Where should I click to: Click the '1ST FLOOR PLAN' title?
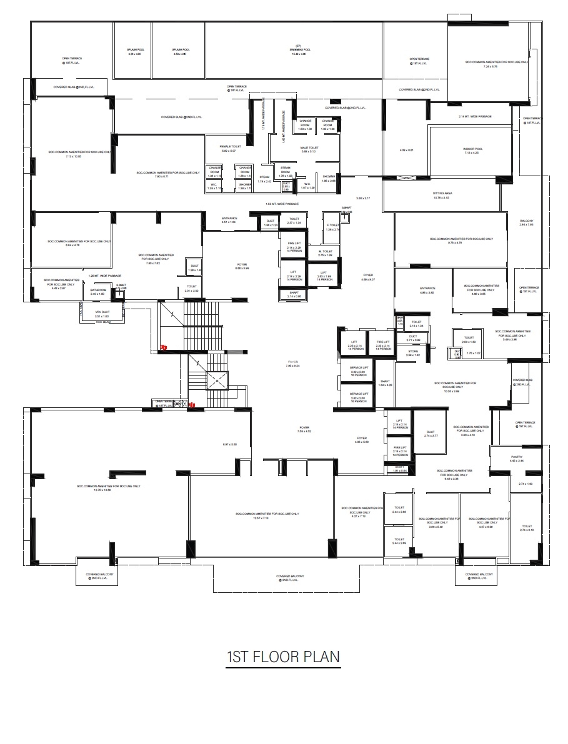[283, 657]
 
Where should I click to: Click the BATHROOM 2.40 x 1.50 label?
[97, 291]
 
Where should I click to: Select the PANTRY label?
[516, 458]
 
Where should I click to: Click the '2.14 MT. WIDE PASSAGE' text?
[475, 117]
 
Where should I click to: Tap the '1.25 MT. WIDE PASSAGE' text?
[105, 275]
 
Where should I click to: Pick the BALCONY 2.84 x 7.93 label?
[527, 223]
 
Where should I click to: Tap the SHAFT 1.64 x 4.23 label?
[384, 382]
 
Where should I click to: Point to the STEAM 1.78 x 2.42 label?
[264, 179]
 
